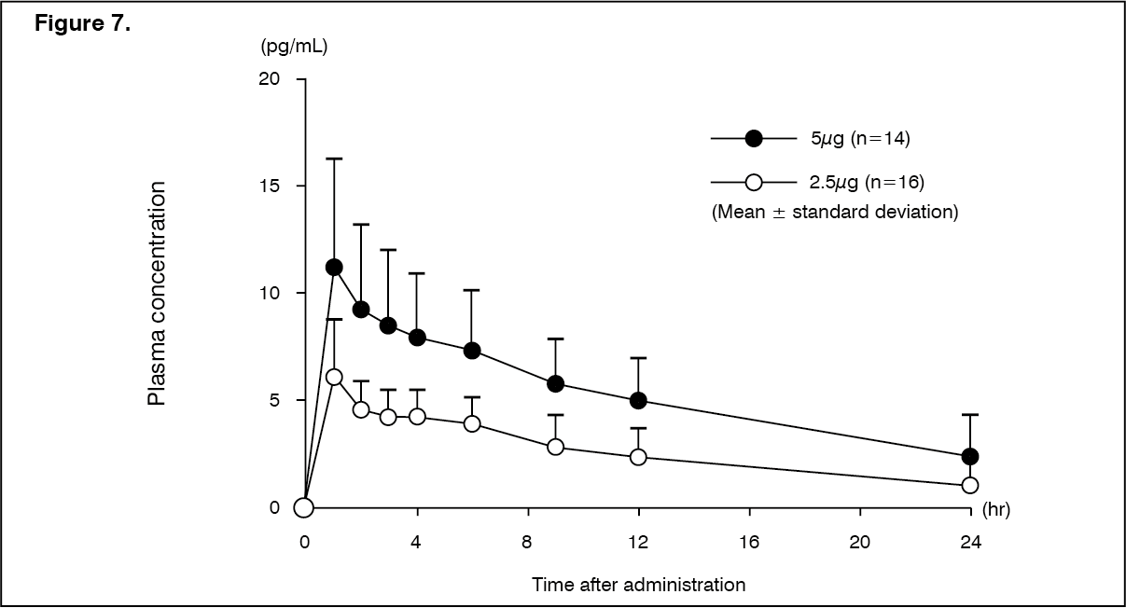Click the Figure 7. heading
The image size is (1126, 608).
(x=82, y=24)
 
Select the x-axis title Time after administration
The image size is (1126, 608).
(x=638, y=585)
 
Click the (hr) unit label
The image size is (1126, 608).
(x=996, y=511)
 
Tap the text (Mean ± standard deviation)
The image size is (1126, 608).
(x=835, y=212)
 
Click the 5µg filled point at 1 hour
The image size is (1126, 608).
(x=333, y=268)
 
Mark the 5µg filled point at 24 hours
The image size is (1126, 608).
(x=970, y=456)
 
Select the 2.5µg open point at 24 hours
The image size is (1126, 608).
(x=970, y=485)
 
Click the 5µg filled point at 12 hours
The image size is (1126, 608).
(x=638, y=400)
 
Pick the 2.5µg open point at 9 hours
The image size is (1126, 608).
(x=555, y=447)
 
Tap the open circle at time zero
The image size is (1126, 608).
(x=303, y=507)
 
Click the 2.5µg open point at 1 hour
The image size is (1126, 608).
(x=333, y=377)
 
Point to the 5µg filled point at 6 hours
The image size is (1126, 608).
(x=472, y=351)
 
